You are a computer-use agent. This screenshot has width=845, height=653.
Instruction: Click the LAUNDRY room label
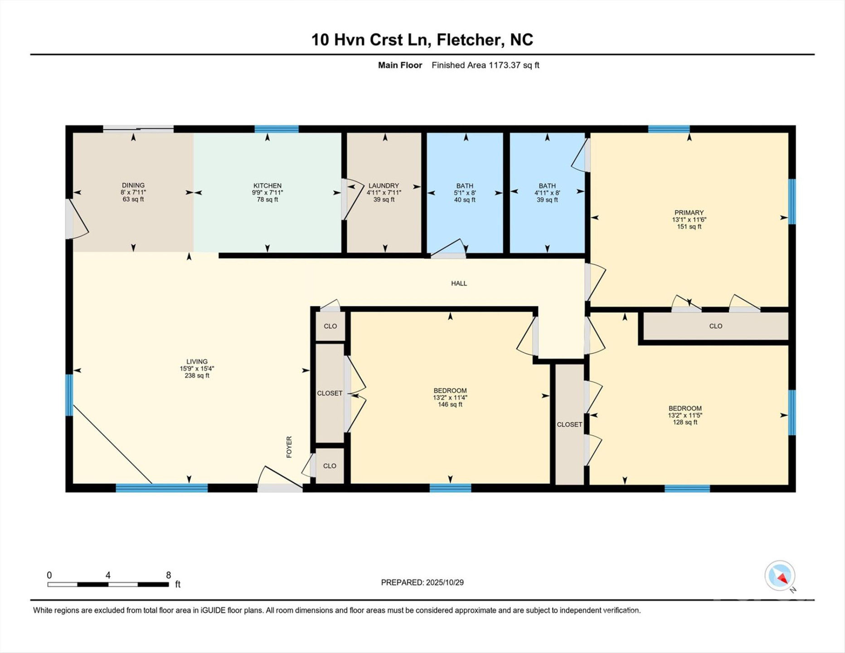(384, 185)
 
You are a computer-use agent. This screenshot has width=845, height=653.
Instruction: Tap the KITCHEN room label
(267, 185)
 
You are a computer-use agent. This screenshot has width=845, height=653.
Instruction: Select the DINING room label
(133, 185)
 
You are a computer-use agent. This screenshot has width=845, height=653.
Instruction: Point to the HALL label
(459, 283)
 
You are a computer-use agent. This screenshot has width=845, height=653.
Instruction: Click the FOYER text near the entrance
(289, 447)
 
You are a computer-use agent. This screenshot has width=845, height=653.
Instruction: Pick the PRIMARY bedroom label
(689, 212)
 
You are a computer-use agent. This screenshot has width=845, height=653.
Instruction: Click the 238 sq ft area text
(197, 375)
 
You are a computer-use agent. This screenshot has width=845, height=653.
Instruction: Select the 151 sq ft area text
(689, 227)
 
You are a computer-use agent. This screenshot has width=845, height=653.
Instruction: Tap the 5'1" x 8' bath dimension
(465, 193)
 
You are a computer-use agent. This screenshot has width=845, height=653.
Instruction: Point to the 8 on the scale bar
(168, 575)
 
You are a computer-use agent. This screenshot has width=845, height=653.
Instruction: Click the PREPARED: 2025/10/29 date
(422, 582)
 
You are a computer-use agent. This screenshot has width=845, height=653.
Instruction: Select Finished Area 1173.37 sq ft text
(485, 65)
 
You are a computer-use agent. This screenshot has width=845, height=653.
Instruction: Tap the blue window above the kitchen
(277, 129)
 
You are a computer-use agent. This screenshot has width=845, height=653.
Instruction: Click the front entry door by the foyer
(280, 487)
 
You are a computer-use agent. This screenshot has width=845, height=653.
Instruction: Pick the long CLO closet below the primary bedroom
(715, 326)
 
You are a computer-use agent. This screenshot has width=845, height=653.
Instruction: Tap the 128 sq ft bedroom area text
(685, 422)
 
